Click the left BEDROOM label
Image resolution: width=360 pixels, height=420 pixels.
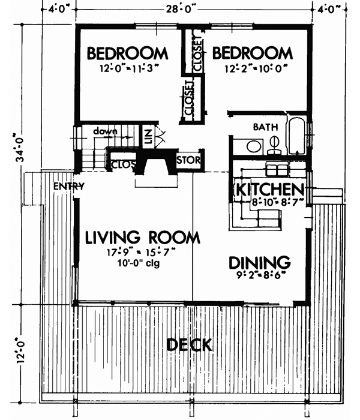tap(128, 53)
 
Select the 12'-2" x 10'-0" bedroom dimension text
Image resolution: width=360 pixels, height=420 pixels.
tap(253, 68)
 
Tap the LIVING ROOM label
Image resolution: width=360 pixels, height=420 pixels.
tap(142, 238)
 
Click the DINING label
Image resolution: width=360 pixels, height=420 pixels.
tap(259, 263)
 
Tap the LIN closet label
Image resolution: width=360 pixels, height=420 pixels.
tap(146, 136)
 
